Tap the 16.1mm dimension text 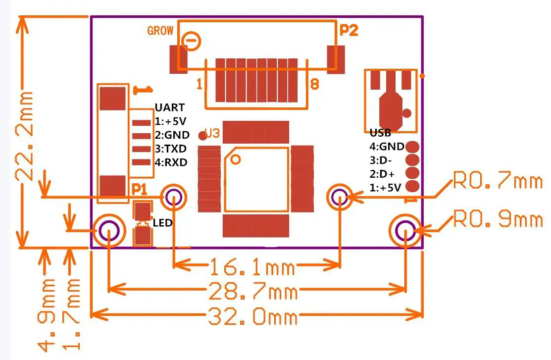coord(252,268)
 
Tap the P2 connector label coord(349,31)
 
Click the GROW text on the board coord(160,31)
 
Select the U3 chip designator coord(212,134)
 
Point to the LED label coord(162,223)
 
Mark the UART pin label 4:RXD coord(171,162)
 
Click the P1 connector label coord(139,189)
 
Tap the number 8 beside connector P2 coord(314,85)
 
